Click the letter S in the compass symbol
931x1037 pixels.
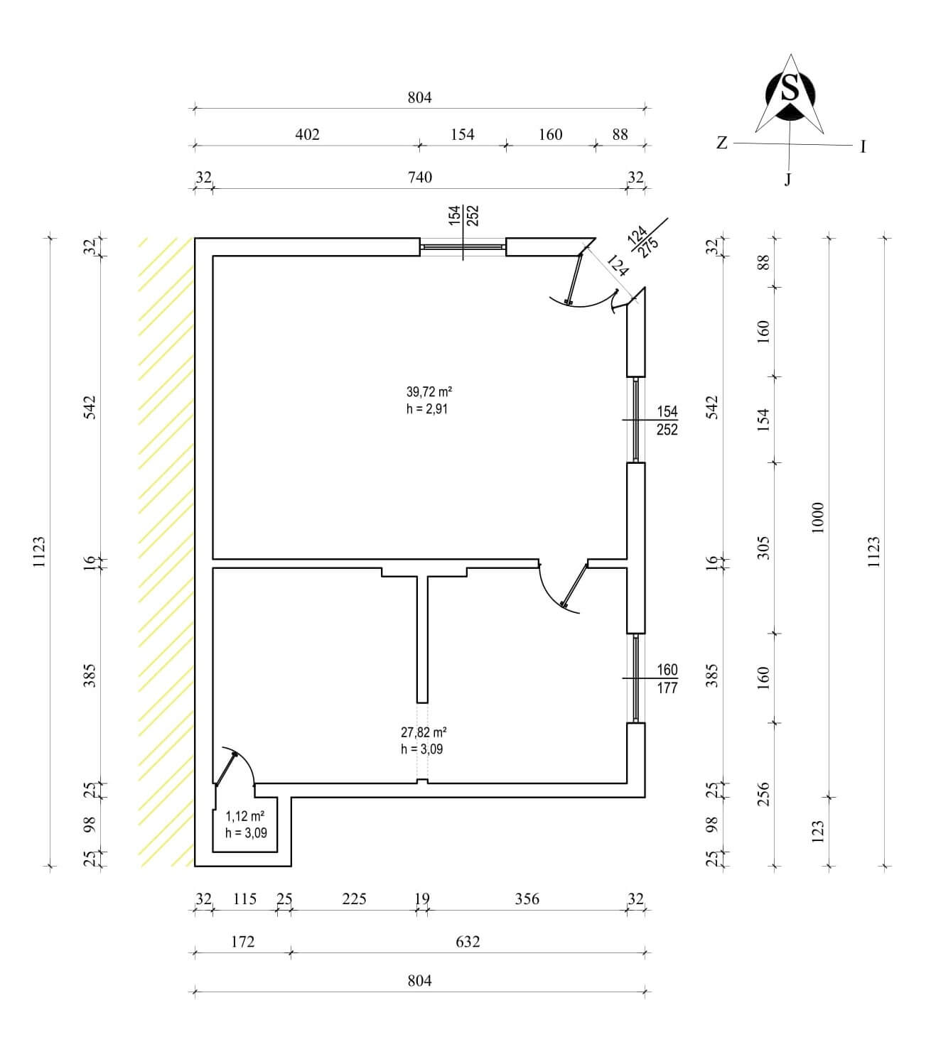[790, 87]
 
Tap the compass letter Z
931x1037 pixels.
[721, 143]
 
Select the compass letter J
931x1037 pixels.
[788, 179]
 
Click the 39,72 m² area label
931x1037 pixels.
[429, 391]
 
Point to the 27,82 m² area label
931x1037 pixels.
[424, 732]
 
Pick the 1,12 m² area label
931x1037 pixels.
[244, 816]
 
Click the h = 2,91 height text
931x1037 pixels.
[427, 409]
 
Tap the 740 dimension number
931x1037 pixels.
[420, 177]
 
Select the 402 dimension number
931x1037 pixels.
[307, 135]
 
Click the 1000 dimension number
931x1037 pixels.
[818, 518]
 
